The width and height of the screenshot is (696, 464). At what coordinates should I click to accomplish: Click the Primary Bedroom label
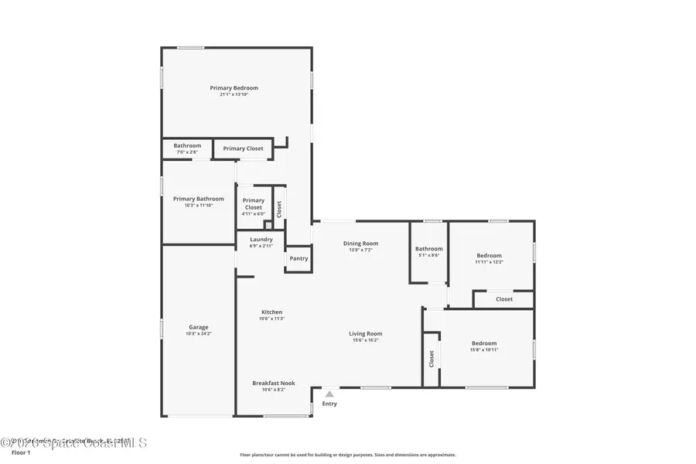(234, 88)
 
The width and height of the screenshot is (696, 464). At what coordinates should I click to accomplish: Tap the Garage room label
(199, 327)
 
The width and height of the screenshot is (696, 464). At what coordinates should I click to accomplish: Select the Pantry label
(298, 260)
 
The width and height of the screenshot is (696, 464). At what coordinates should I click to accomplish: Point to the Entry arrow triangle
(329, 394)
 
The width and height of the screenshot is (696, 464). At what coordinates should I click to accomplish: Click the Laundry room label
(261, 240)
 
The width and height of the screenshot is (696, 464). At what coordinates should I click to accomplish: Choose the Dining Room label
(360, 244)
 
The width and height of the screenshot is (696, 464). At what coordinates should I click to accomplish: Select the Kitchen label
(271, 312)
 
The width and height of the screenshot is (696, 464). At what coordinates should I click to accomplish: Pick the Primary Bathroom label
(199, 199)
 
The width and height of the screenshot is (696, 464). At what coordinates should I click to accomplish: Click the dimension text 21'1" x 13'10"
(234, 94)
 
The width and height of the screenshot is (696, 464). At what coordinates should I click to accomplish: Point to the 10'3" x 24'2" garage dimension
(199, 334)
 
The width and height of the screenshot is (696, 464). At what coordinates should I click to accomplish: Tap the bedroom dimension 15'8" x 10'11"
(485, 350)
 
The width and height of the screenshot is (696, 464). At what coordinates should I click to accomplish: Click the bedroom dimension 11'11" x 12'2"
(489, 262)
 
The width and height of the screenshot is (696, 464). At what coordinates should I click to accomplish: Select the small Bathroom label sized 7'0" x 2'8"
(187, 145)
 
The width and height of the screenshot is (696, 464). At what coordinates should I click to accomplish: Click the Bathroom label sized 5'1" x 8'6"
(429, 249)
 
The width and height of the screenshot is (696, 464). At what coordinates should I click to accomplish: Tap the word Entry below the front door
(329, 404)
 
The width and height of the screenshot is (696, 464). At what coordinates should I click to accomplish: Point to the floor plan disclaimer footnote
(348, 455)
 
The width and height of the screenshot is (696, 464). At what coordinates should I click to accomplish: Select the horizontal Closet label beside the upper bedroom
(504, 299)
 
